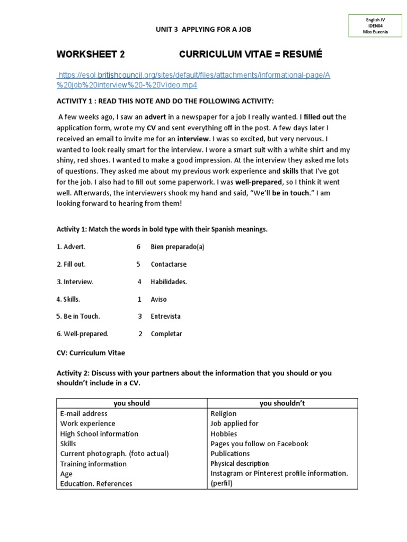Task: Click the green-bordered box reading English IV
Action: pos(375,26)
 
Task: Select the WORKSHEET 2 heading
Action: pos(91,55)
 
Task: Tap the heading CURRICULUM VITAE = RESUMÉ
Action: pos(250,55)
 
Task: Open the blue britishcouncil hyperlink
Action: pos(194,80)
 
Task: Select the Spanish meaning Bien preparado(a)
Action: pos(177,247)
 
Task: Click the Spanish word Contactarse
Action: pos(169,264)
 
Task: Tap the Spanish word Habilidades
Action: pos(169,282)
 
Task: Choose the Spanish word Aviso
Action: pos(158,299)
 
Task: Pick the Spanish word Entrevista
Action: pos(165,316)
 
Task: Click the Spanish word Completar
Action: pos(166,333)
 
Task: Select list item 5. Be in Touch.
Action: pos(78,316)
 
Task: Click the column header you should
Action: pos(131,403)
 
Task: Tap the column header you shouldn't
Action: pos(282,403)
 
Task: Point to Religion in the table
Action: pos(224,413)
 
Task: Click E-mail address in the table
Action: pos(84,413)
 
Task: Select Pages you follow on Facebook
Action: pos(259,444)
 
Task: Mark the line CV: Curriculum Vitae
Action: pos(91,353)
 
